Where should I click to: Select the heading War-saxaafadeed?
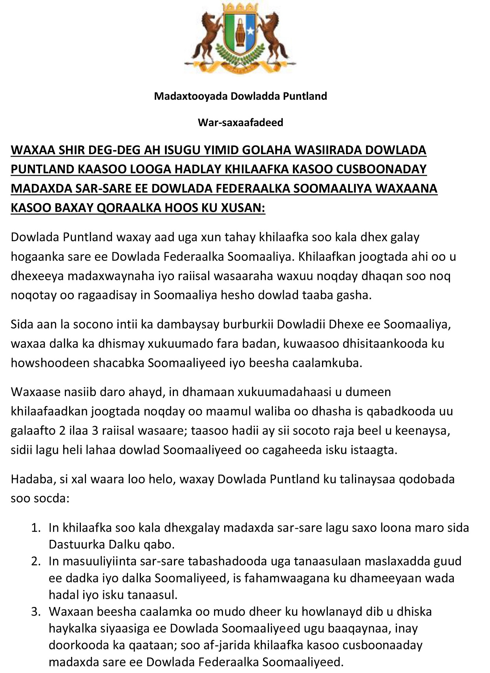click(240, 123)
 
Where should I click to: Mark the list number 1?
click(36, 528)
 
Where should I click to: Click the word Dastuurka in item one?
click(71, 545)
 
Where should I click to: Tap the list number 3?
click(36, 612)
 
